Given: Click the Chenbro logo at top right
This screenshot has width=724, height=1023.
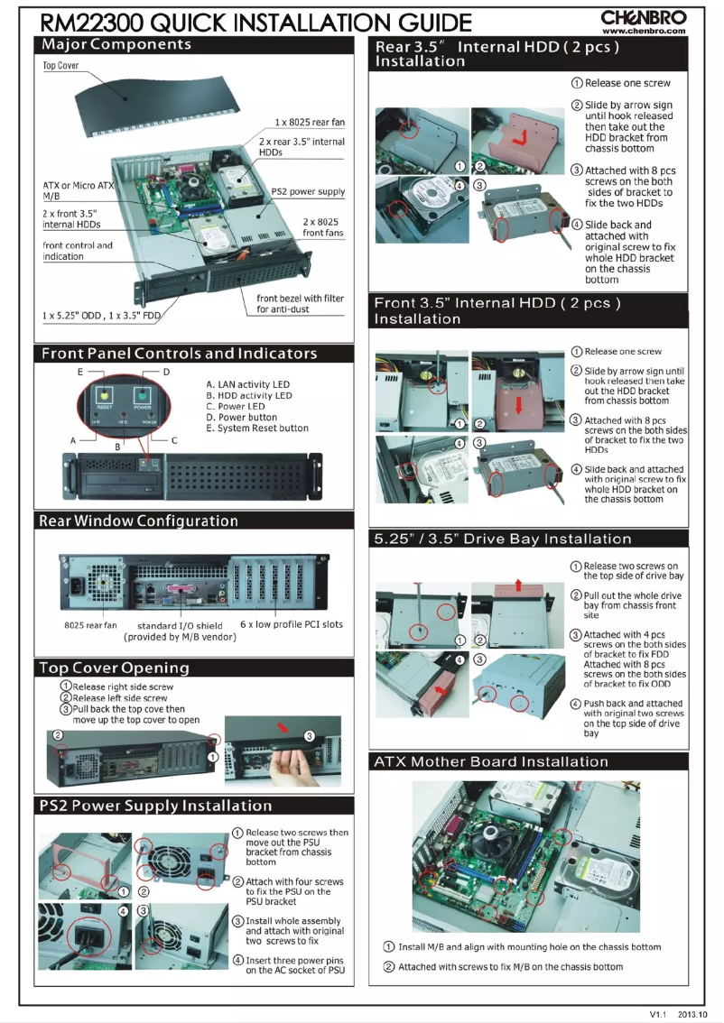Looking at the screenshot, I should click(644, 16).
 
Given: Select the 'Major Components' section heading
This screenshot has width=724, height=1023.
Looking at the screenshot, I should click(116, 44).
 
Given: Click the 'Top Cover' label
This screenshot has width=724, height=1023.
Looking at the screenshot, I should click(60, 67).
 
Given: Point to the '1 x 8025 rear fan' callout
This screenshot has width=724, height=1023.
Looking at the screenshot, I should click(310, 122).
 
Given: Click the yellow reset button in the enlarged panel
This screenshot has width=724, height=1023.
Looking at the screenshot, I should click(104, 395).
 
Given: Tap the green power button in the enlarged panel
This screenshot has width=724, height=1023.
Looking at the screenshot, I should click(141, 395).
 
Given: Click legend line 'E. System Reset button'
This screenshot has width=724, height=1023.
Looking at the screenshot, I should click(257, 429).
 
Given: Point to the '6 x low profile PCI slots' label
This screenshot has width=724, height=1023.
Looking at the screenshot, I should click(292, 624).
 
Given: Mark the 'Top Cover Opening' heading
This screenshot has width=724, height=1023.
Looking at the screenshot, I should click(114, 668).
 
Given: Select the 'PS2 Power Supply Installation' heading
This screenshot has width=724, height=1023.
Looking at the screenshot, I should click(155, 805).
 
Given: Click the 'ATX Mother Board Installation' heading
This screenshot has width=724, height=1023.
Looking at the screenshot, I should click(503, 762).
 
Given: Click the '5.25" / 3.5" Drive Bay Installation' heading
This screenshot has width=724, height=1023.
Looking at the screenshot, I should click(503, 539).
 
